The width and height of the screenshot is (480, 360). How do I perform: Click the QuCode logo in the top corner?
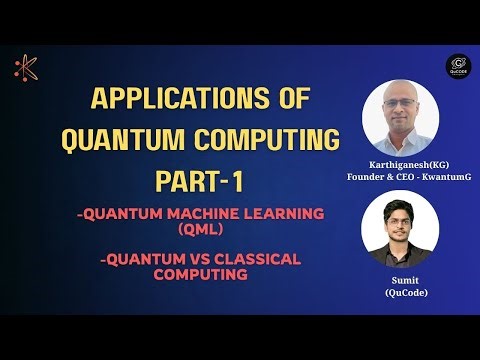point(460,67)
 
